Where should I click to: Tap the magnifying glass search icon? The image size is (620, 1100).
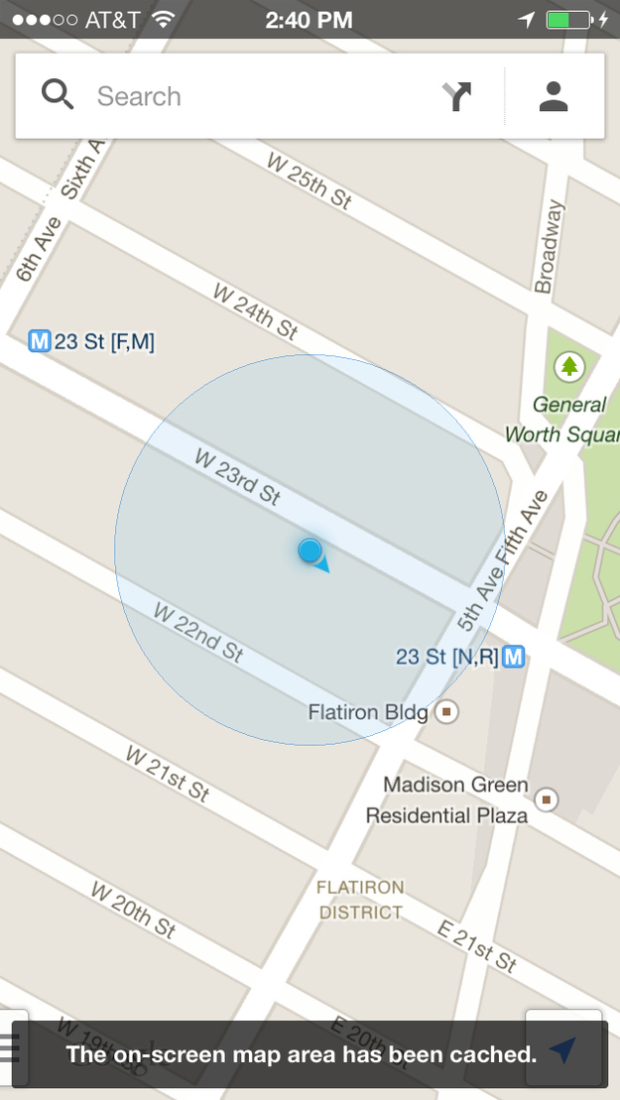pos(58,95)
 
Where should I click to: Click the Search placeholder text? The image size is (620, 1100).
pos(139,96)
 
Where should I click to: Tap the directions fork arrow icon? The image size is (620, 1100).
pos(456,96)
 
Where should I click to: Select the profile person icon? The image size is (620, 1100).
pos(554,96)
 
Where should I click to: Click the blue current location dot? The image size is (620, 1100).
pos(310,550)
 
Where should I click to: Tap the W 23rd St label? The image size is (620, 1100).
pos(238,477)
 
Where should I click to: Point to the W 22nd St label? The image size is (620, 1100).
pos(198,632)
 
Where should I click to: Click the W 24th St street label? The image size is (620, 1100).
pos(255,309)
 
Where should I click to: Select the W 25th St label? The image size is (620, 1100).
pos(310,180)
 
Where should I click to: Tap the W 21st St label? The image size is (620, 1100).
pos(168,773)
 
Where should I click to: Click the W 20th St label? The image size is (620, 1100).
pos(134,909)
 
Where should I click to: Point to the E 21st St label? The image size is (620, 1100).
pos(478,944)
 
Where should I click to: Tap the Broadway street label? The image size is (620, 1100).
pos(548,247)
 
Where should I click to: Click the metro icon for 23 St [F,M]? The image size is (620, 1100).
pos(40,342)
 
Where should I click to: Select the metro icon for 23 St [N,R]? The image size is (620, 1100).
pos(513,657)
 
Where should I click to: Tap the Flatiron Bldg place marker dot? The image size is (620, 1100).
pos(447,712)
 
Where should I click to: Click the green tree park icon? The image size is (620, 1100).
pos(569,367)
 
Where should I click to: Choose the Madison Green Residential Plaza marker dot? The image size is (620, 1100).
pos(547,798)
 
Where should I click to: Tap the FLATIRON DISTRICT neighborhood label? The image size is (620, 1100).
pos(361,900)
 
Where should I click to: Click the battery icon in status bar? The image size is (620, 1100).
pos(567,19)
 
